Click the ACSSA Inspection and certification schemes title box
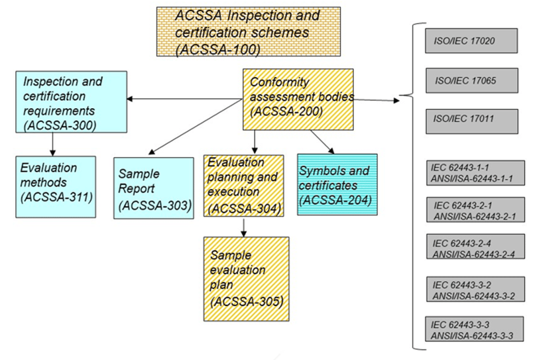click(x=248, y=31)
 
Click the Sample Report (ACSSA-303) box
click(x=154, y=187)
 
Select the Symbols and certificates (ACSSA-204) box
click(x=337, y=184)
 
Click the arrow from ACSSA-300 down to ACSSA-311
click(x=52, y=143)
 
